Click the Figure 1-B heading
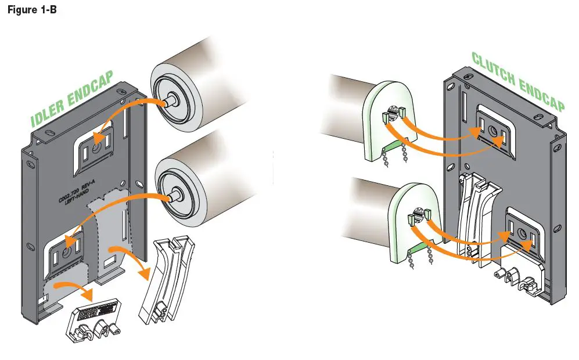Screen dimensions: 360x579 [31, 10]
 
